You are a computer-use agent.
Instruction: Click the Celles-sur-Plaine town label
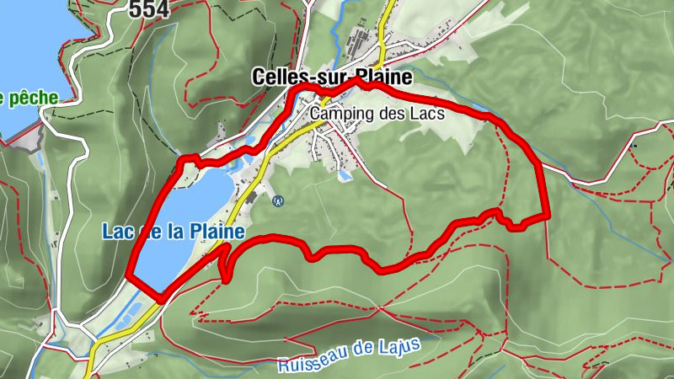coord(332,77)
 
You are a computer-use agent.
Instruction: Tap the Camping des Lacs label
coord(377,112)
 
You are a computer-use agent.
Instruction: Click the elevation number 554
coord(149,9)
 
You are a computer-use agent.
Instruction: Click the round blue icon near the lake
coord(278,200)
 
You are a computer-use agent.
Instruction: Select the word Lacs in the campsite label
coord(428,112)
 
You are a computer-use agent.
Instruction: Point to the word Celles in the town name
coord(277,77)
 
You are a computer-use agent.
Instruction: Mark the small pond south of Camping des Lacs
coord(344,177)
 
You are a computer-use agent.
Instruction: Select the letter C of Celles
coord(258,77)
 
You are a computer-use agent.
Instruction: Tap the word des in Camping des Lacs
coord(393,112)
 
